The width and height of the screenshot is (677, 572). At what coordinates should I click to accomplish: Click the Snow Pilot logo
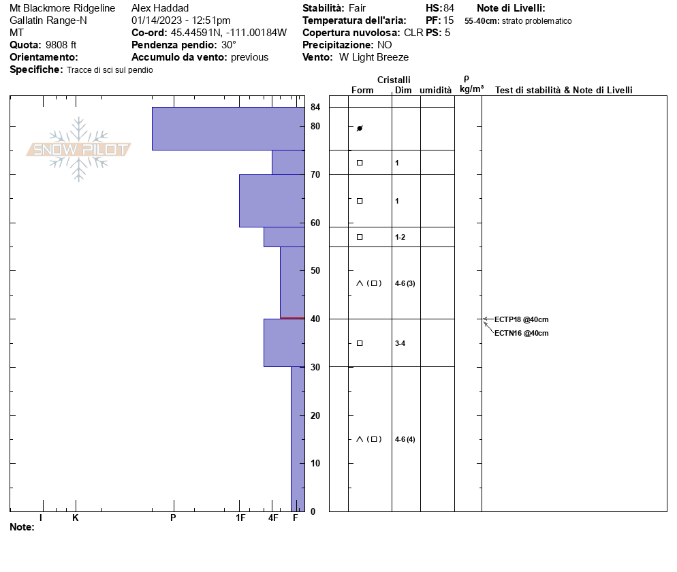pyautogui.click(x=78, y=149)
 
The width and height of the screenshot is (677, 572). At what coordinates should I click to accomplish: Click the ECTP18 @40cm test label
pyautogui.click(x=521, y=319)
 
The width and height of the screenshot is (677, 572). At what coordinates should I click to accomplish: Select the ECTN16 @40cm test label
pyautogui.click(x=521, y=333)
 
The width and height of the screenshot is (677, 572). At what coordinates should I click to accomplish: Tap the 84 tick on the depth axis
pyautogui.click(x=315, y=108)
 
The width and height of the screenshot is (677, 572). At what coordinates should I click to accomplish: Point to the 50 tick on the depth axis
pyautogui.click(x=315, y=271)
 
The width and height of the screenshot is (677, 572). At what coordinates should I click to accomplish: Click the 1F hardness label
pyautogui.click(x=240, y=518)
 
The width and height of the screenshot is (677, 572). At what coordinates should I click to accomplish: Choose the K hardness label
pyautogui.click(x=76, y=518)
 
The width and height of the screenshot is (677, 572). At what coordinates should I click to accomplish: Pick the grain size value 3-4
pyautogui.click(x=400, y=343)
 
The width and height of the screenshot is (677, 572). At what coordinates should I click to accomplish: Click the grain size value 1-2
pyautogui.click(x=400, y=237)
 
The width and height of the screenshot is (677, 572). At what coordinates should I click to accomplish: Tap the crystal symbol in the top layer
pyautogui.click(x=360, y=128)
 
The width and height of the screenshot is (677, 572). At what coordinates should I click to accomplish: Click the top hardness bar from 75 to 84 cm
pyautogui.click(x=228, y=129)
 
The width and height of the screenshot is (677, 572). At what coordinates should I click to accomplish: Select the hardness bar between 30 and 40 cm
pyautogui.click(x=284, y=343)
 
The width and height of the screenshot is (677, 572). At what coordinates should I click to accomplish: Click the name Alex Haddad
pyautogui.click(x=160, y=8)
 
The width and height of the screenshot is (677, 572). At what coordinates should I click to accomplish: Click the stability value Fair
pyautogui.click(x=357, y=8)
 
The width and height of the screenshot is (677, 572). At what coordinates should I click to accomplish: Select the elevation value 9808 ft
pyautogui.click(x=61, y=45)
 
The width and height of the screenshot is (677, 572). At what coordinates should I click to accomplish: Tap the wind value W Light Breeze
pyautogui.click(x=374, y=57)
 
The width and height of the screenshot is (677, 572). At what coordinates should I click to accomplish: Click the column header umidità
pyautogui.click(x=435, y=91)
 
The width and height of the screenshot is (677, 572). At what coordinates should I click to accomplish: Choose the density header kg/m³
pyautogui.click(x=471, y=89)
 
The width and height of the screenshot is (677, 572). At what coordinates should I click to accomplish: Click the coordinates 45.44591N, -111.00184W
pyautogui.click(x=228, y=33)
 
